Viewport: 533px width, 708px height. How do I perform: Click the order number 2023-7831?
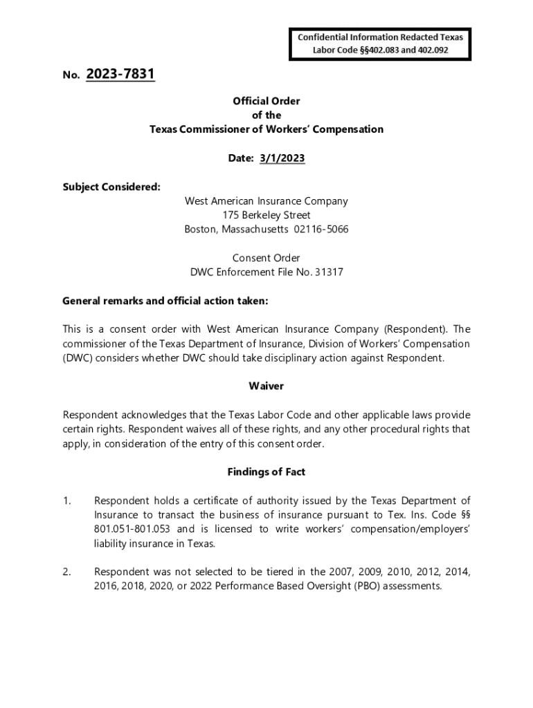(120, 74)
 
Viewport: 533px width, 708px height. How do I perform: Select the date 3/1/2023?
(282, 158)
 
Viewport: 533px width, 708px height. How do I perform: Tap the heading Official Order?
(266, 101)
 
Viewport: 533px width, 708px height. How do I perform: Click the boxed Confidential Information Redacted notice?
(380, 44)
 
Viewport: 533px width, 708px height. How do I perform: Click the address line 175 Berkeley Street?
(266, 215)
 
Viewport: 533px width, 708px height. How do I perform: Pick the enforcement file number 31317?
(329, 272)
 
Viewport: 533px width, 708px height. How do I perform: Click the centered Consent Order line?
(266, 258)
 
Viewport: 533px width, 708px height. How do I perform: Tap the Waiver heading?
(266, 386)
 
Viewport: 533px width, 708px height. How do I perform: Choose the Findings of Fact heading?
(266, 472)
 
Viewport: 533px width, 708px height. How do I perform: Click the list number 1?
(66, 501)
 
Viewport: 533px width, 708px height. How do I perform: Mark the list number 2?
(66, 572)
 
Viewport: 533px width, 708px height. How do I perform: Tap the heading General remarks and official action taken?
(165, 301)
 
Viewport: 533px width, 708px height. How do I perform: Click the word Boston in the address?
(201, 230)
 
